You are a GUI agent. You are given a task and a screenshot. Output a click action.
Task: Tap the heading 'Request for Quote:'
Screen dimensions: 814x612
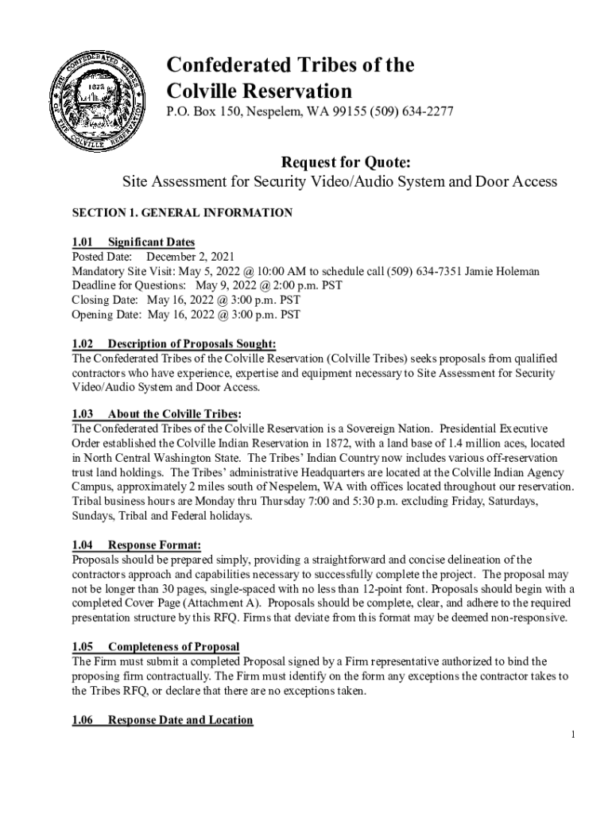(339, 163)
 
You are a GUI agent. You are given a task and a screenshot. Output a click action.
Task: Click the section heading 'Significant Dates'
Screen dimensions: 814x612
(151, 242)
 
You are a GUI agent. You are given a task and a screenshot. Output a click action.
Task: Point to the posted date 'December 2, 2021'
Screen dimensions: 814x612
(190, 257)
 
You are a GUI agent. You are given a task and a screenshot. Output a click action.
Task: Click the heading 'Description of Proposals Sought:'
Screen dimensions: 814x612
(192, 344)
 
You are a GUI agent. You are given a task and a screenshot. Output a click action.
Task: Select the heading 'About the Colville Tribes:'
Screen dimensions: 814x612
(174, 414)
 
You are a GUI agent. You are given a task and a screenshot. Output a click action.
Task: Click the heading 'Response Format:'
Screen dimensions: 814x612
(154, 545)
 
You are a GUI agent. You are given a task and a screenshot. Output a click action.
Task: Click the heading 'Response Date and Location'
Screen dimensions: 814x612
(180, 720)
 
